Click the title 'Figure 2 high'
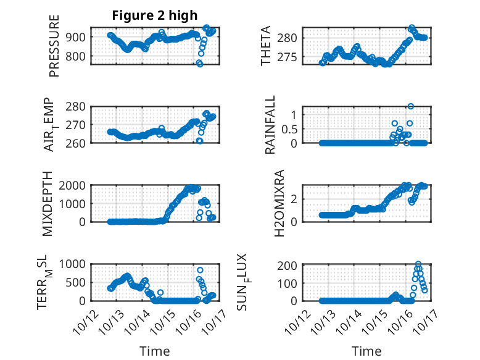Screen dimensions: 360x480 [154, 15]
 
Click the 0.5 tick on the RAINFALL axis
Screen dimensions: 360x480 [289, 128]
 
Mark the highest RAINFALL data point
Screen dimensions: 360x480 [410, 106]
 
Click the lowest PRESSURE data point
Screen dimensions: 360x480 [200, 64]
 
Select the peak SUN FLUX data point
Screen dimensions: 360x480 [418, 264]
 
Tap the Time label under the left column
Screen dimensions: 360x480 [154, 351]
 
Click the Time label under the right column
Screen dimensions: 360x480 [366, 351]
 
